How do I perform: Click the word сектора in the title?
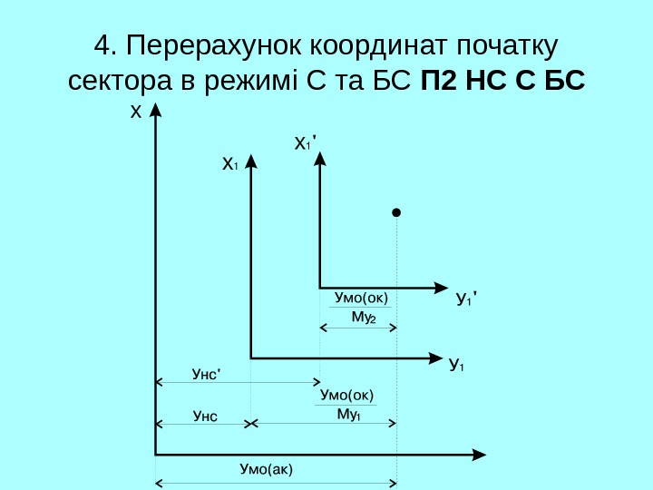click(x=119, y=82)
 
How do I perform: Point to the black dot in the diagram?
click(x=396, y=213)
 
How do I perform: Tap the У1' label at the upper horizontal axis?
click(x=466, y=298)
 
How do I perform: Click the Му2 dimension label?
click(x=364, y=317)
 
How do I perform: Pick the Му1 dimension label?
click(x=349, y=415)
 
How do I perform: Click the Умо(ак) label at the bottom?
click(x=268, y=468)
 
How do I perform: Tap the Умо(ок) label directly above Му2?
click(x=361, y=297)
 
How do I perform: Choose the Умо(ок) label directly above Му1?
click(x=347, y=395)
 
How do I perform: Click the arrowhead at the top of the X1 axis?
click(x=251, y=162)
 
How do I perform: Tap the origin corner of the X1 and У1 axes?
click(x=251, y=358)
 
